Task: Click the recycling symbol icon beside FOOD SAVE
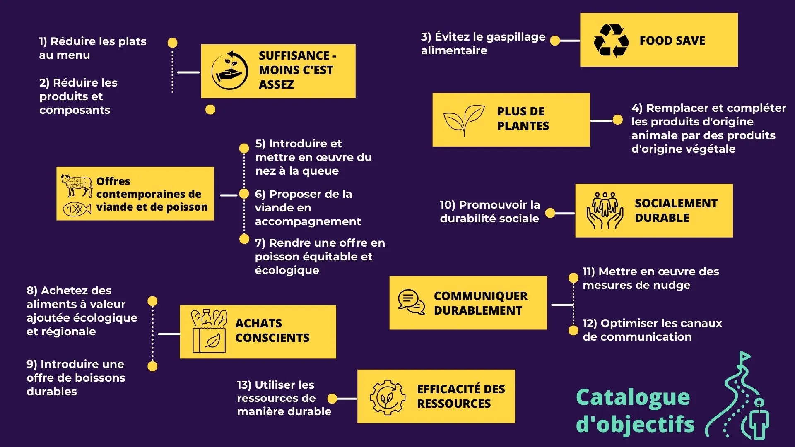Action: [x=611, y=41]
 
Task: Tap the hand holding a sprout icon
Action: [x=229, y=71]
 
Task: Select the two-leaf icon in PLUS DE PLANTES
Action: [x=464, y=120]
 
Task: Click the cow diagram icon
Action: [x=77, y=185]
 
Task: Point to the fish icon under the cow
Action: [x=77, y=209]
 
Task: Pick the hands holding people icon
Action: [x=605, y=210]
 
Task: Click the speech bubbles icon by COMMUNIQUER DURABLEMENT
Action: [x=411, y=302]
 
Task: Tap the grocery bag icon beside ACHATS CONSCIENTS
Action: [x=209, y=331]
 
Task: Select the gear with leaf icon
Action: [x=388, y=397]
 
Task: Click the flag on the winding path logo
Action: [x=745, y=356]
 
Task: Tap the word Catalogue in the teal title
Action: [x=633, y=397]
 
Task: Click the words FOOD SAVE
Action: [x=672, y=41]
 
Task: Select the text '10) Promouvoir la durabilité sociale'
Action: [x=489, y=211]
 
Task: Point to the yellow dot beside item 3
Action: [x=555, y=41]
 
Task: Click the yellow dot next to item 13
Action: [x=332, y=399]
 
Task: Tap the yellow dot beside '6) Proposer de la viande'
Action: [x=244, y=194]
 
